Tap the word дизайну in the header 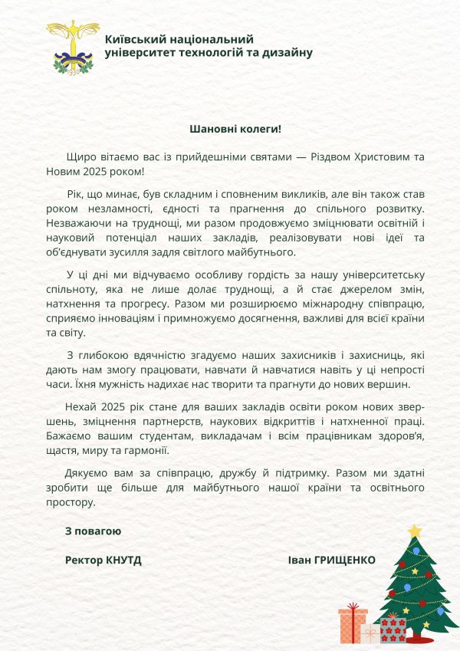click(x=287, y=52)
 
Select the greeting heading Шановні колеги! click(x=230, y=130)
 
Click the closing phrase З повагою click(x=93, y=530)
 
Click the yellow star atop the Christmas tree click(x=415, y=531)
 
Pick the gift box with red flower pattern click(x=393, y=630)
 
